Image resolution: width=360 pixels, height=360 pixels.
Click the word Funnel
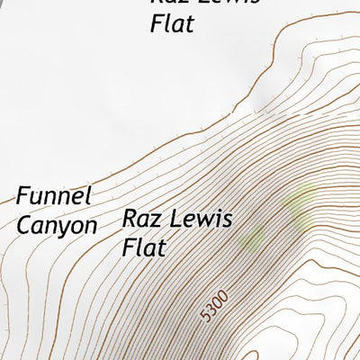55,195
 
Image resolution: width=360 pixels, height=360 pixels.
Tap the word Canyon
56,224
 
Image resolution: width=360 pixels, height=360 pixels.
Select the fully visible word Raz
142,219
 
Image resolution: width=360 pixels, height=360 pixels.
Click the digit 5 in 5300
209,319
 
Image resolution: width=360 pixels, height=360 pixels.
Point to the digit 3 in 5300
214,310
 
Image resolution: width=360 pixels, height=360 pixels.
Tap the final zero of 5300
225,294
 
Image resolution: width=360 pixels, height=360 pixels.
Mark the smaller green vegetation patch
253,238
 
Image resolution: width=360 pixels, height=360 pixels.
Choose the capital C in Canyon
24,224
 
